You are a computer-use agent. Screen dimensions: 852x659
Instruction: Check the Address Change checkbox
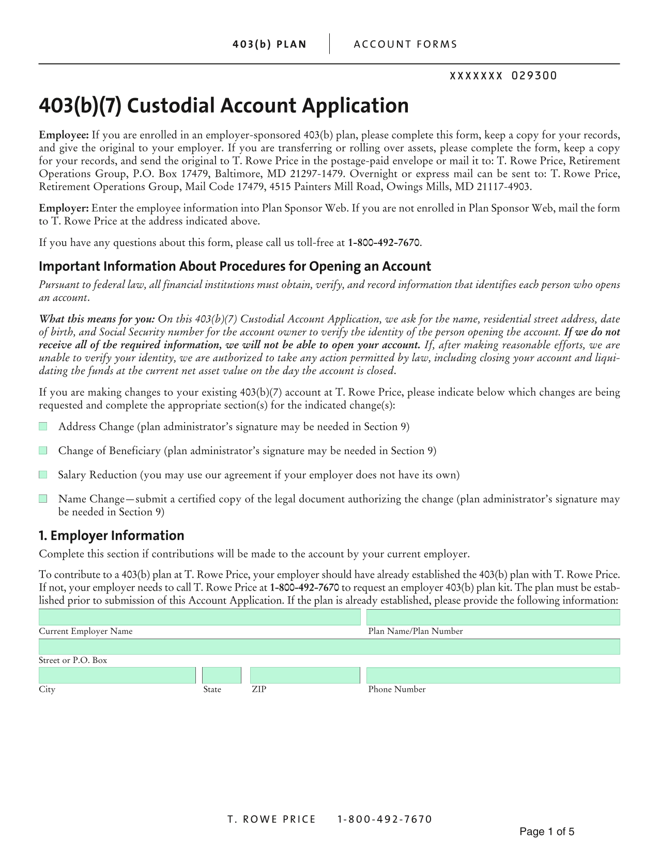point(43,426)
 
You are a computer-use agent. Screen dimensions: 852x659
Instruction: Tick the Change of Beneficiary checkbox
point(43,451)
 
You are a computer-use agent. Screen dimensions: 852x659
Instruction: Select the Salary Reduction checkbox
point(43,474)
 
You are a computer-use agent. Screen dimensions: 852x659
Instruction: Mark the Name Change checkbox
point(43,499)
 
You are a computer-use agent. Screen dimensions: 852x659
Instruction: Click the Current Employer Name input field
point(200,617)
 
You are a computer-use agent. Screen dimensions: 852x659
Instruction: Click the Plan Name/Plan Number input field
point(493,617)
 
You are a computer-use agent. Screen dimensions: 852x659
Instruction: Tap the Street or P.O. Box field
point(329,647)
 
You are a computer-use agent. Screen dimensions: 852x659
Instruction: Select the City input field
point(117,675)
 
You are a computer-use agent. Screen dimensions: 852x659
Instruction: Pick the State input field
point(222,675)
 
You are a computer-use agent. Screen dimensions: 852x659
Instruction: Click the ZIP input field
point(305,675)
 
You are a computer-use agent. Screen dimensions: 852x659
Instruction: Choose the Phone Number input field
point(493,675)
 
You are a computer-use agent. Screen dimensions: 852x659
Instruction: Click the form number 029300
point(534,76)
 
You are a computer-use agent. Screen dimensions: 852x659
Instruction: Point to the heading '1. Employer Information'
point(112,535)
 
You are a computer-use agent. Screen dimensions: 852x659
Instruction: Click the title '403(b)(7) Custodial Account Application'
point(224,105)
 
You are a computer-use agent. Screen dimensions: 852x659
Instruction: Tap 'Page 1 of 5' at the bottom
point(547,832)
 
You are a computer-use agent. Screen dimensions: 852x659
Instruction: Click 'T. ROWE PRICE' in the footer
point(272,819)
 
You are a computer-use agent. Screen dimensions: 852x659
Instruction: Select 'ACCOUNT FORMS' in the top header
point(406,44)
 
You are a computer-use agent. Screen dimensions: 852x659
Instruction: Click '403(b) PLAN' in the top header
point(269,44)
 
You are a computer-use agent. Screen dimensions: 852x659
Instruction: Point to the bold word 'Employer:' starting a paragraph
point(64,208)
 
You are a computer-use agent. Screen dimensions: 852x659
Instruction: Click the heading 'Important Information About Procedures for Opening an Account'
point(235,266)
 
